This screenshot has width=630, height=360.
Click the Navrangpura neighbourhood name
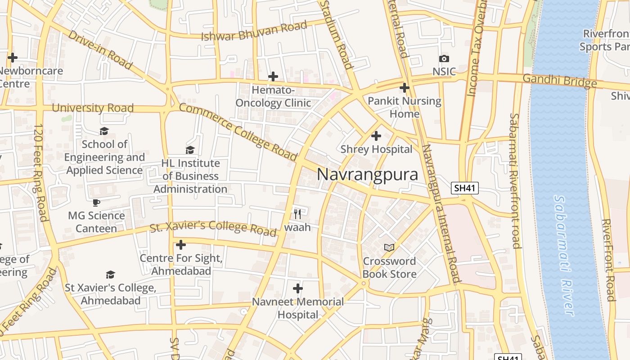[367, 175]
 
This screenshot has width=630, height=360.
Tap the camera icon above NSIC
[444, 58]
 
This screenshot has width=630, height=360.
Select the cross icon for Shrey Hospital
[376, 135]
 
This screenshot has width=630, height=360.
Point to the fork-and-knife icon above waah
[297, 213]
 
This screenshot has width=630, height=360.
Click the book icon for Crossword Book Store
[389, 247]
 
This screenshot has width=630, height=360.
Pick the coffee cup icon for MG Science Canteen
[96, 202]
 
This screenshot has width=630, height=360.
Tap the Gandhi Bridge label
[559, 81]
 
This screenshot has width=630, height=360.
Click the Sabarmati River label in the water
[563, 255]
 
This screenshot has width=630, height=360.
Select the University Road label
[93, 108]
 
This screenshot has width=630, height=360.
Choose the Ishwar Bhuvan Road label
[254, 31]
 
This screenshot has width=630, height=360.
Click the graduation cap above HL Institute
[190, 150]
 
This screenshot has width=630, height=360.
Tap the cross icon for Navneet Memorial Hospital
[297, 288]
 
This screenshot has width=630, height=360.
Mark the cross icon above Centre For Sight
[181, 245]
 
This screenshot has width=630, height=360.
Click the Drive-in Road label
[100, 49]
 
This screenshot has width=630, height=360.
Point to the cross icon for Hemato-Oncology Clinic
[273, 76]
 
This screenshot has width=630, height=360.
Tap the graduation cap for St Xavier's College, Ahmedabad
[110, 274]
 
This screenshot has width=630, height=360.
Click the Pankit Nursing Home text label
[404, 107]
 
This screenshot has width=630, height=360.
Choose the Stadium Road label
[337, 34]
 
